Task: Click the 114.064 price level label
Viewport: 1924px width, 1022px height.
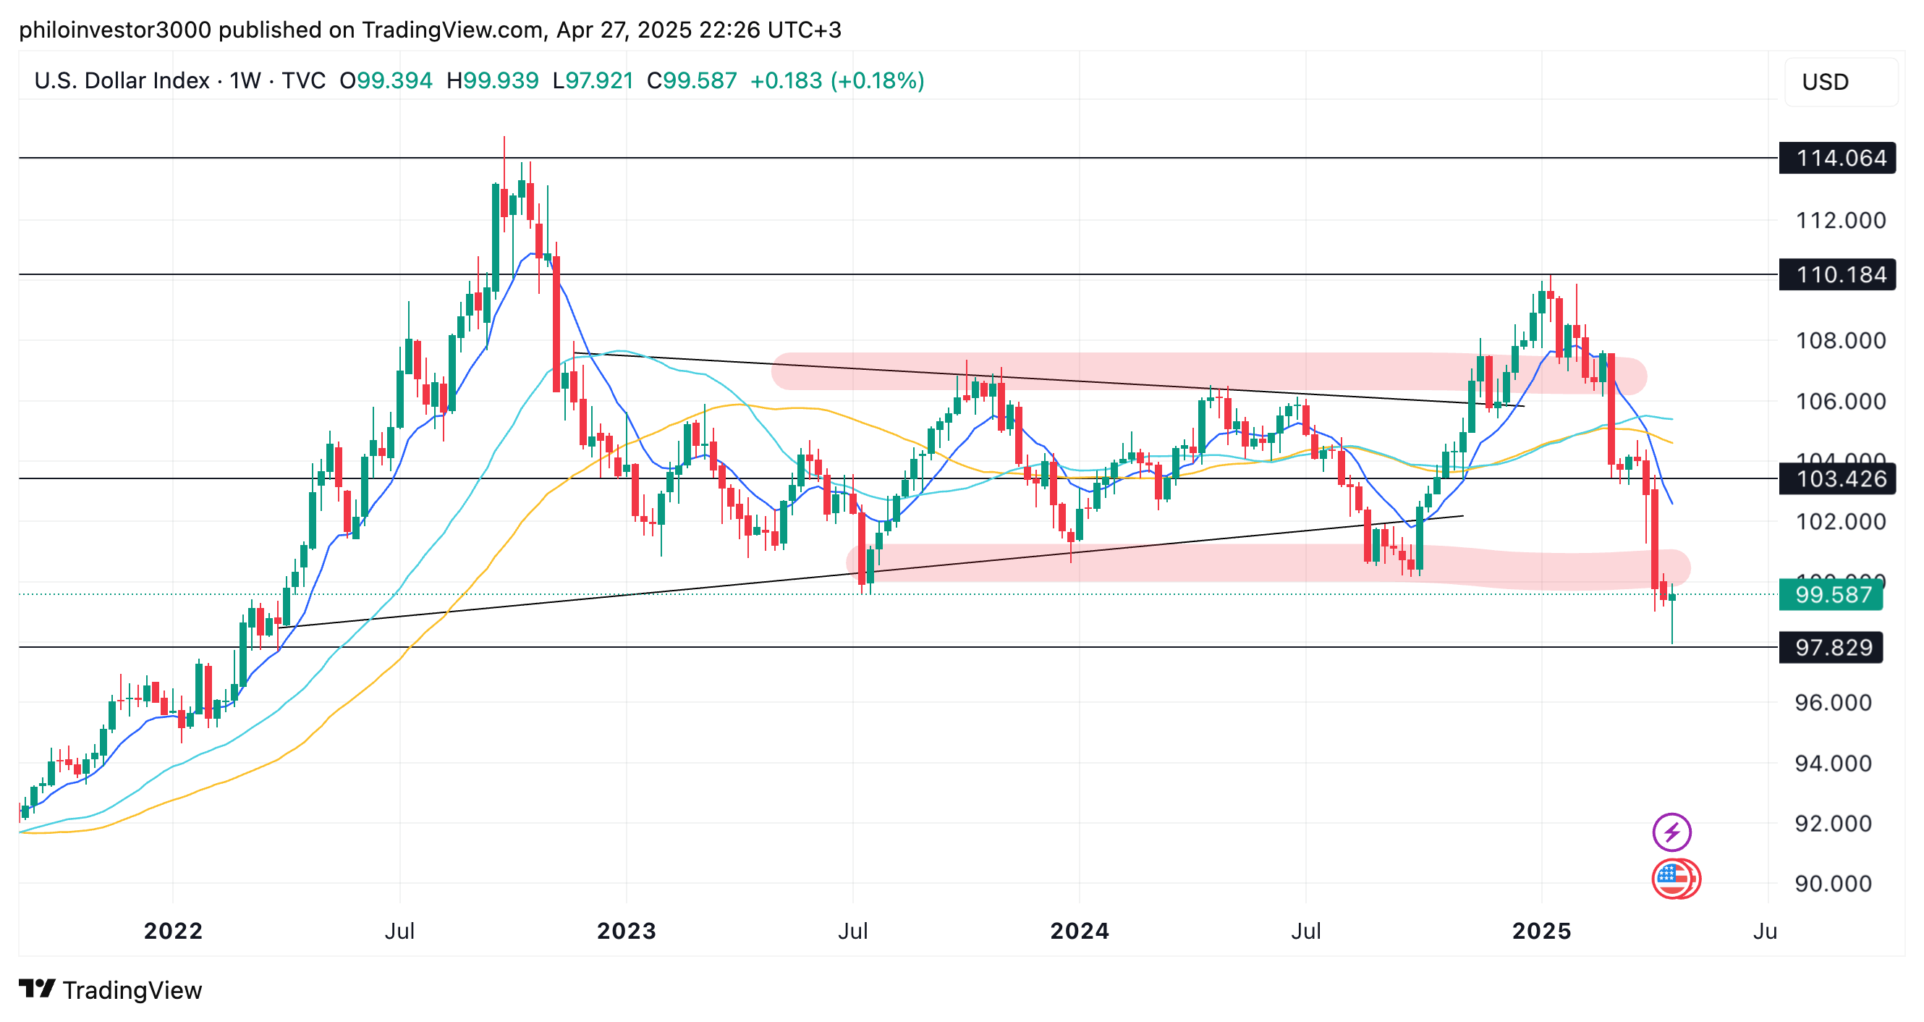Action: [x=1839, y=159]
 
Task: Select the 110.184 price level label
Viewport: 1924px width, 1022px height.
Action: [x=1839, y=275]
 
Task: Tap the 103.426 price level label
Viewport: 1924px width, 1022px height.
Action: [x=1839, y=479]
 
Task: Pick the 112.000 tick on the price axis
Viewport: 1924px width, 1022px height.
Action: [x=1840, y=220]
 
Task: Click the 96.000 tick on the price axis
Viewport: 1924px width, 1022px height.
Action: [x=1833, y=702]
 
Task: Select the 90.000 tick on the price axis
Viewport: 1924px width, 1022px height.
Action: [x=1833, y=884]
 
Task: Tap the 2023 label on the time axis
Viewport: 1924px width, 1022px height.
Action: [x=626, y=931]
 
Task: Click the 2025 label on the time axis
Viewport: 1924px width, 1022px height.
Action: [x=1542, y=931]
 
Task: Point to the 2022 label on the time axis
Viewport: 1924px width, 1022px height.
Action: [x=172, y=931]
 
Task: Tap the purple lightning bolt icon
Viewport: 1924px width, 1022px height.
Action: [x=1671, y=832]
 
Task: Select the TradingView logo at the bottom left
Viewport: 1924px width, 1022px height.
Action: [x=111, y=990]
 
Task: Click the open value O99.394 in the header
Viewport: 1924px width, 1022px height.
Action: [x=386, y=80]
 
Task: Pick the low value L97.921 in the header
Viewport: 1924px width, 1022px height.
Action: [x=593, y=80]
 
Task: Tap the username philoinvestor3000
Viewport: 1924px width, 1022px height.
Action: [x=114, y=30]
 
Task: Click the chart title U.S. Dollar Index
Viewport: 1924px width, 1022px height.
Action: [x=122, y=80]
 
